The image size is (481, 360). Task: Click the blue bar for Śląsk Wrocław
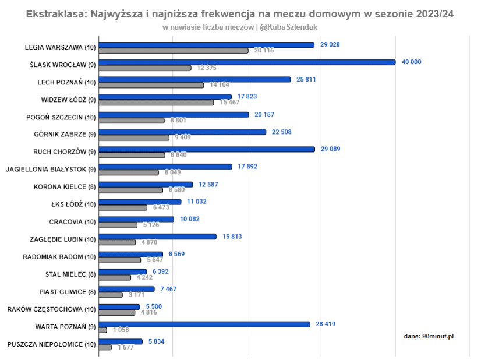coord(247,62)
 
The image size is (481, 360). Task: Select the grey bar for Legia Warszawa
coord(174,51)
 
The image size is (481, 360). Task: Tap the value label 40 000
coord(411,62)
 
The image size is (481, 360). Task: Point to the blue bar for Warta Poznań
coord(204,324)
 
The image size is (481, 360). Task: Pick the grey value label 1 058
coord(121,330)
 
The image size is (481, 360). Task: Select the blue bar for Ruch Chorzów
coord(206,149)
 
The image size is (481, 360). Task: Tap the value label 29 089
coord(330,149)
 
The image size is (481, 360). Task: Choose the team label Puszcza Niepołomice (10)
coord(51,344)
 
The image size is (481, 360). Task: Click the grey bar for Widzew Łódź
coord(156,103)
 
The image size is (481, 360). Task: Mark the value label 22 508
coord(281,132)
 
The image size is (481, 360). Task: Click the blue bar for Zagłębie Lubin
coord(157,237)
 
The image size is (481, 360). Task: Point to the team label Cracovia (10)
coord(72,222)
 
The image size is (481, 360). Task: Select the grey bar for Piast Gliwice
coord(111,295)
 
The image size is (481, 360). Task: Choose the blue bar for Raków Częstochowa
coord(119,306)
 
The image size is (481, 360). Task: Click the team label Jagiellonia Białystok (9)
coord(51,170)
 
